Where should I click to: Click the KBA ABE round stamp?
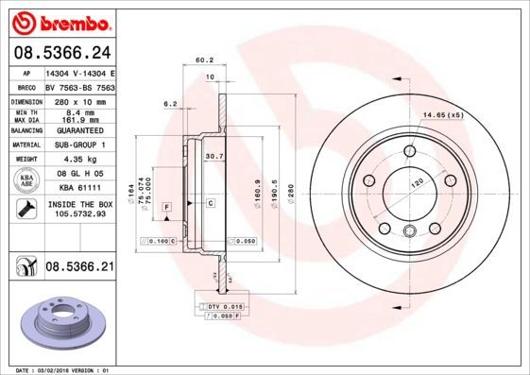(x=27, y=180)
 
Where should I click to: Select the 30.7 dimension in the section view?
(x=214, y=157)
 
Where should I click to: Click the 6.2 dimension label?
(x=171, y=103)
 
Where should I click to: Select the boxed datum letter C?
(x=210, y=203)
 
